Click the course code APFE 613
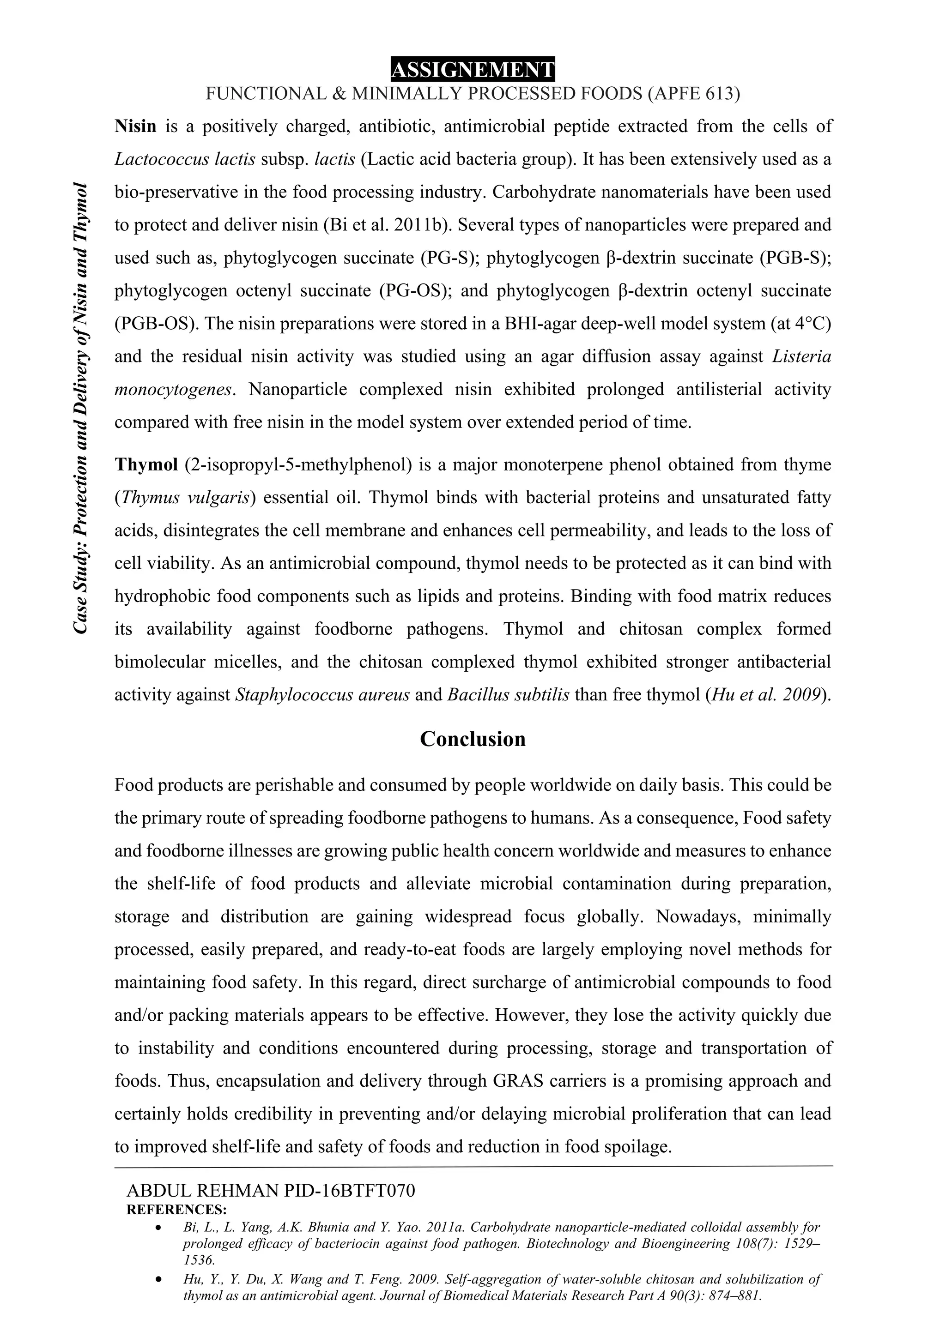[693, 94]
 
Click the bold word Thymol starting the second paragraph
[146, 465]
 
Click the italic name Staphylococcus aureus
[322, 695]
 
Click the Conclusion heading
[473, 739]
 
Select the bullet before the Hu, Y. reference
[158, 1281]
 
